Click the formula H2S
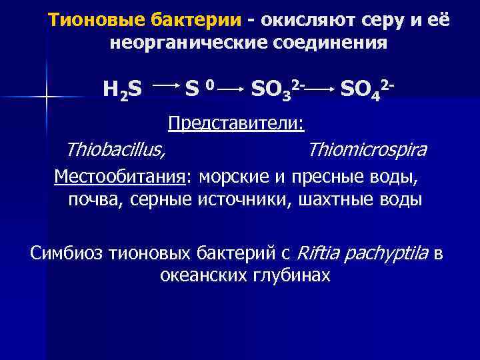(122, 89)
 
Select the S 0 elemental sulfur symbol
(199, 87)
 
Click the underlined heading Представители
(236, 123)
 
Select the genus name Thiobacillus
(116, 150)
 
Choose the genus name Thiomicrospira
(367, 150)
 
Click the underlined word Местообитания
(121, 177)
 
